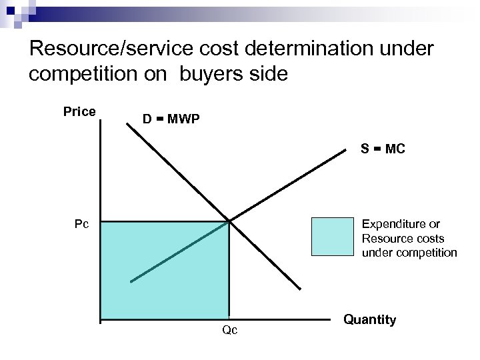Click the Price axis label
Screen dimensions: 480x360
pos(79,111)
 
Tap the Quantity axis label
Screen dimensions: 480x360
pos(370,320)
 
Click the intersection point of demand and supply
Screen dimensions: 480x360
pos(229,221)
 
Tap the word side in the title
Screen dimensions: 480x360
pos(270,73)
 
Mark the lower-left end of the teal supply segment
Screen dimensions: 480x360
pos(131,281)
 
